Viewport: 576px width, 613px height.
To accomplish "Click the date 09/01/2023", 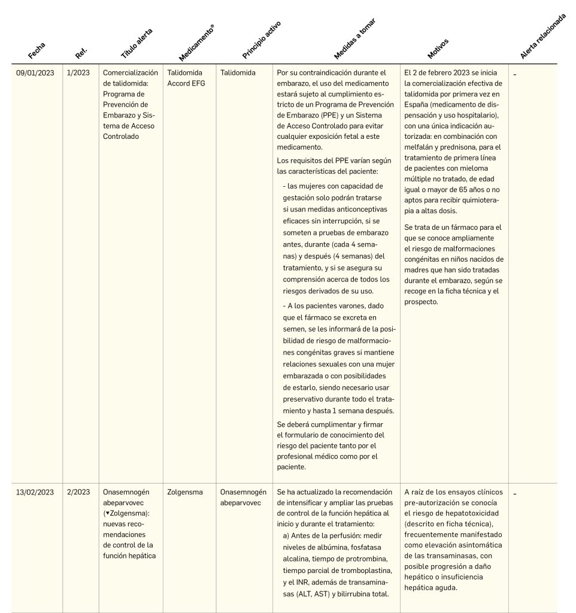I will pyautogui.click(x=35, y=73).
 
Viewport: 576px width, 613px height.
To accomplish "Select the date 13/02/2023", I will pyautogui.click(x=35, y=492).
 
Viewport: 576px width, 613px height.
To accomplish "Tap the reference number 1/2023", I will pyautogui.click(x=78, y=73).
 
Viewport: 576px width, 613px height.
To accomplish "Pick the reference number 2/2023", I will pyautogui.click(x=78, y=492).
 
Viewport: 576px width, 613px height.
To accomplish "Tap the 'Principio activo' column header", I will pyautogui.click(x=261, y=40).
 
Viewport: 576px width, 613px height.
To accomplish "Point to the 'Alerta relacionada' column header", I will pyautogui.click(x=542, y=37).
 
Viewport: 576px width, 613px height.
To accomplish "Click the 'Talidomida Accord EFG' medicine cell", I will pyautogui.click(x=186, y=78).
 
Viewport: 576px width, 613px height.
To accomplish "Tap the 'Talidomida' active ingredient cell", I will pyautogui.click(x=238, y=73).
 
